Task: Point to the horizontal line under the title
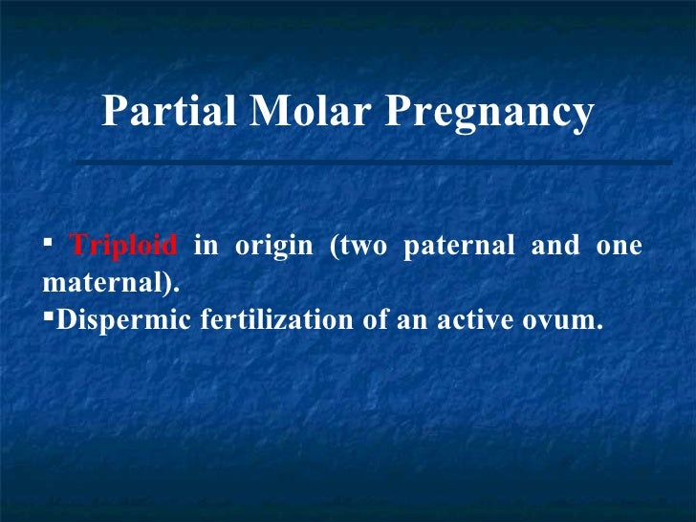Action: point(373,162)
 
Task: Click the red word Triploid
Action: point(124,247)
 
